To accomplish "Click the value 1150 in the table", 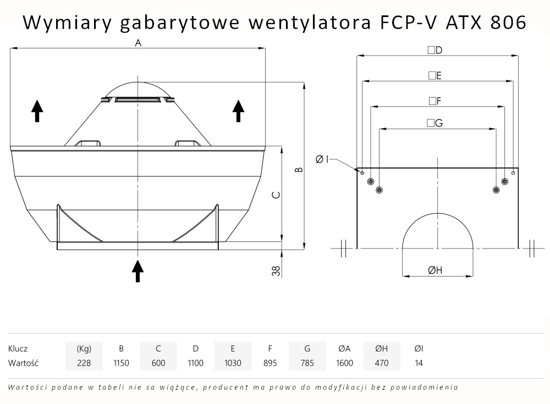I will pos(121,363).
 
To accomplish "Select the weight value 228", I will pos(84,363).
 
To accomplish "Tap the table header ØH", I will pos(381,348).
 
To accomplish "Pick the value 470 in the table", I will pos(381,363).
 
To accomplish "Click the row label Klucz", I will pos(18,348).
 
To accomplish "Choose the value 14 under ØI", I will pos(419,363).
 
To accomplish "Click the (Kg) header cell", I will pos(84,348).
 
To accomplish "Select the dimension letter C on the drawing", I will pos(277,195).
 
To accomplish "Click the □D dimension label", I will pos(435,50).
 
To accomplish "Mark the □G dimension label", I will pos(435,123).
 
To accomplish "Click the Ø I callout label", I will pos(322,159).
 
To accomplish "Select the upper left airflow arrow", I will pos(37,110).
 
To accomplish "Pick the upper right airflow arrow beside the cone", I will pos(238,110).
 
